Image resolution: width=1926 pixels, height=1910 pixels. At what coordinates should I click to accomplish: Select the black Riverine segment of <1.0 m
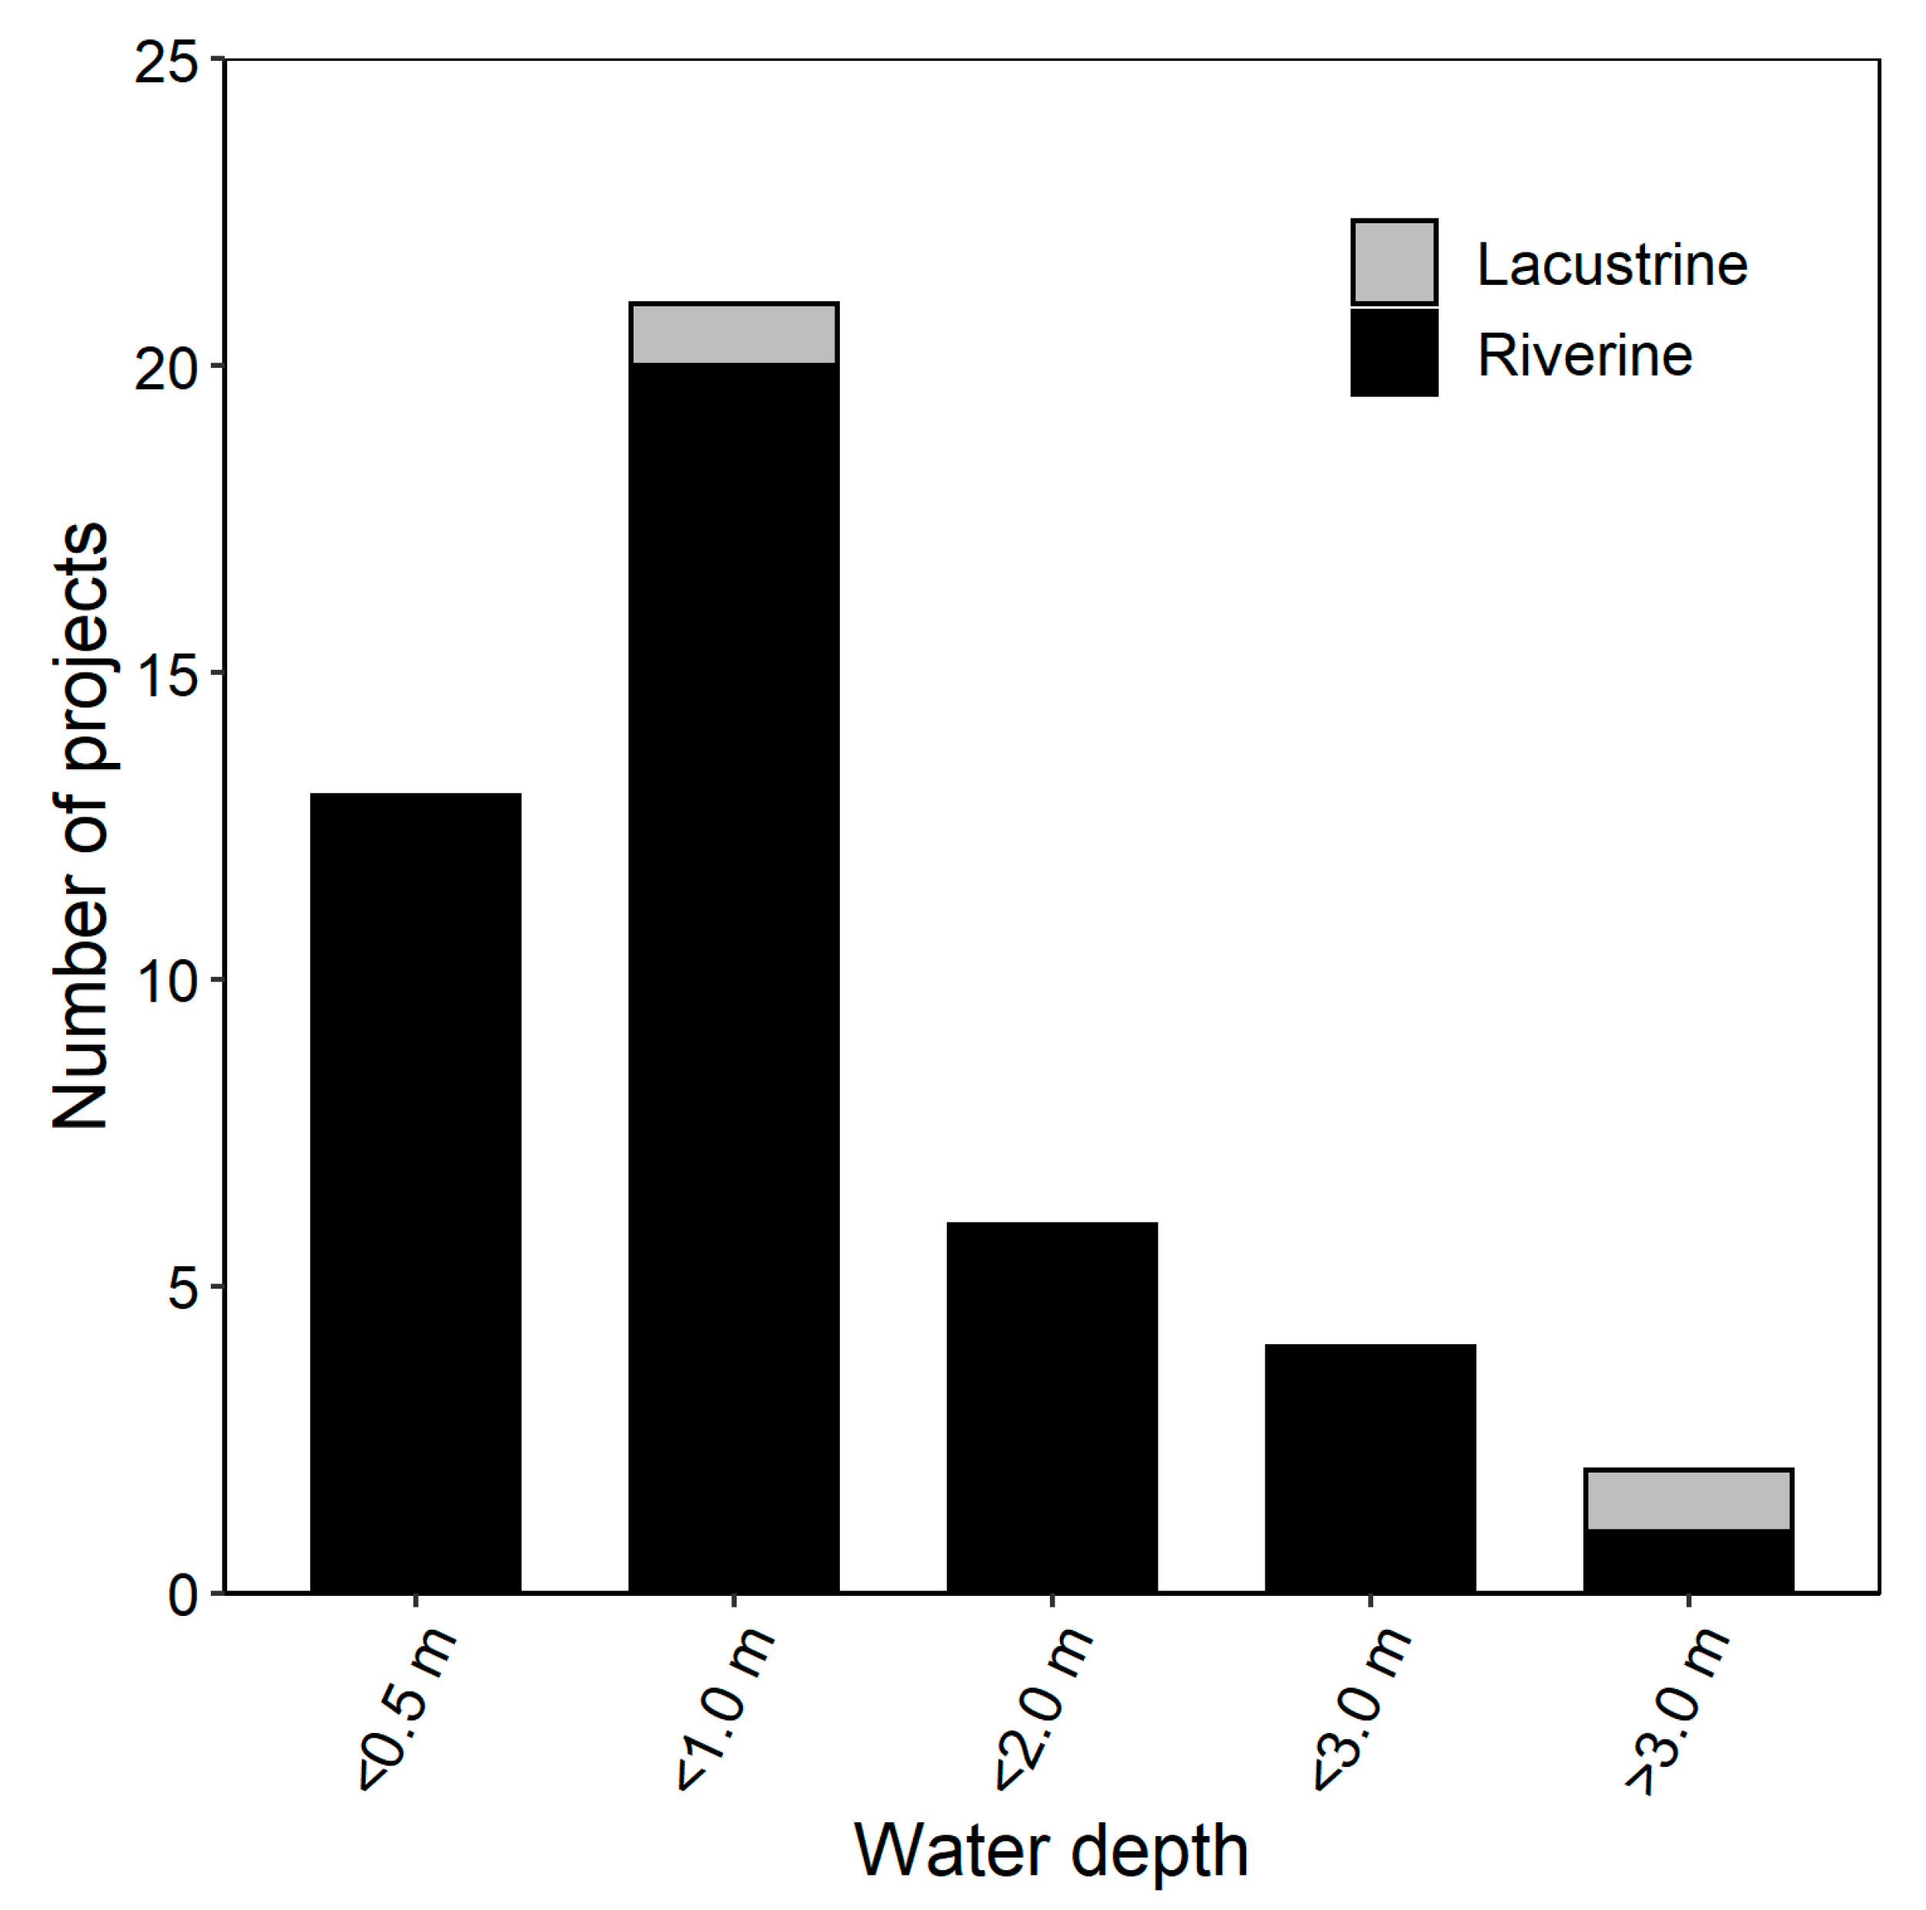coord(733,977)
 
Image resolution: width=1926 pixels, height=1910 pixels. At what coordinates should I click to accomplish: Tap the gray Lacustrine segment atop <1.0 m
coord(733,333)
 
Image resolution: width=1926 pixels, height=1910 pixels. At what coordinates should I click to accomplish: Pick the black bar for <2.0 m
coord(1052,1407)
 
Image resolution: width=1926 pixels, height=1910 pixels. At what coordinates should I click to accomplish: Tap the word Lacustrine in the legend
coord(1611,264)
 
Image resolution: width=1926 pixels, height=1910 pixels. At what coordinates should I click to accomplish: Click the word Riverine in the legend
coord(1584,356)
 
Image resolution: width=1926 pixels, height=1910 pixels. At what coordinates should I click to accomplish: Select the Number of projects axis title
coord(80,825)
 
